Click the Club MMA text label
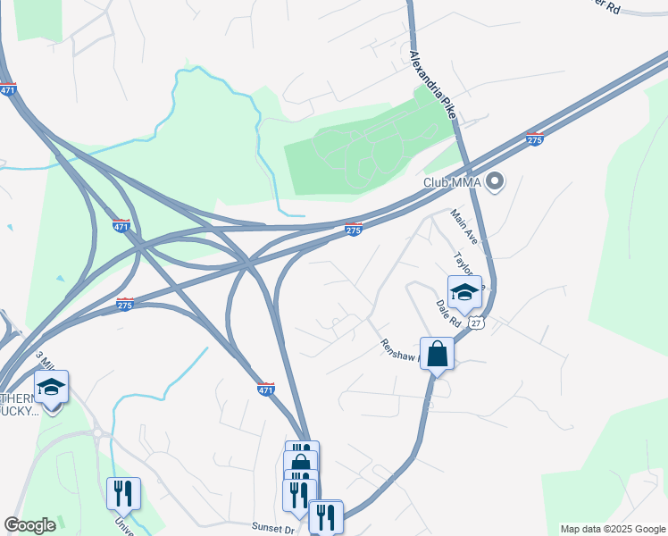click(x=452, y=183)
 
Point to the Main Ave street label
click(x=464, y=228)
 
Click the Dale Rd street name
click(x=448, y=314)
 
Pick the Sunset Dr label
click(x=279, y=529)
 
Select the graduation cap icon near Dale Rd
click(x=464, y=293)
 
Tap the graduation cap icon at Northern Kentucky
click(x=51, y=387)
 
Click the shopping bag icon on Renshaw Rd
click(x=438, y=354)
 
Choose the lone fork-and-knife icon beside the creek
click(x=122, y=494)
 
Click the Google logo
click(x=29, y=525)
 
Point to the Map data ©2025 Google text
click(x=613, y=529)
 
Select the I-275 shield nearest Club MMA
click(x=534, y=139)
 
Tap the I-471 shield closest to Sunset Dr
click(x=266, y=389)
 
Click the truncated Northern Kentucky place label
click(x=20, y=405)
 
